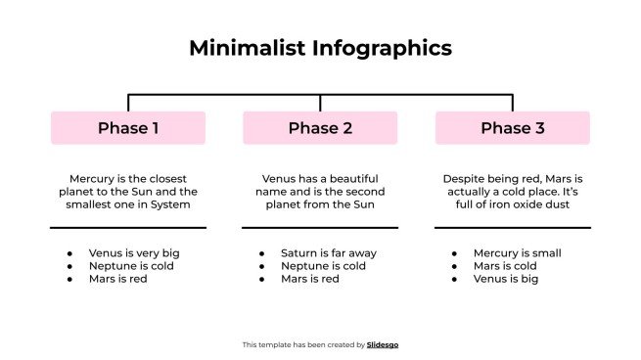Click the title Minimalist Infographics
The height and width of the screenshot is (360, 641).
320,48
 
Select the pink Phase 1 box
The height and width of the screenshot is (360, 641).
128,128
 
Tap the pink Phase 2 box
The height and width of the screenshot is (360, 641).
320,128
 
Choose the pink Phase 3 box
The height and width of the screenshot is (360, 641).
512,128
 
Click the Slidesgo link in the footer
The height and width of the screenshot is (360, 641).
383,344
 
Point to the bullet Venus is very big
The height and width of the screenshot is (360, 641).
134,253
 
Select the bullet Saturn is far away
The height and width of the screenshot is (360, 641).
329,253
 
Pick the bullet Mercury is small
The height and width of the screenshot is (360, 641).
517,253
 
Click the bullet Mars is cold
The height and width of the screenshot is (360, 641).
506,266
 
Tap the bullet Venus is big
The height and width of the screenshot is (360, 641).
506,279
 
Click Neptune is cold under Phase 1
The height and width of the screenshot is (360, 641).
130,266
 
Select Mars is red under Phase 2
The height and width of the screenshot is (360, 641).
309,279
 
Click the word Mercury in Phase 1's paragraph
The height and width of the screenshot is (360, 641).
92,179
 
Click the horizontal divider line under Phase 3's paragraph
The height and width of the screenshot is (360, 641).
512,228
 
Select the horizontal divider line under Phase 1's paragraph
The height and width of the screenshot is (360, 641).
128,228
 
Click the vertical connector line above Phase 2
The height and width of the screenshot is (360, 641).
320,103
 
